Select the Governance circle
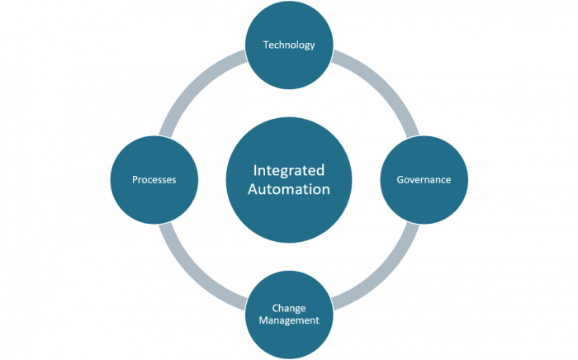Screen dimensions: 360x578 (x=422, y=179)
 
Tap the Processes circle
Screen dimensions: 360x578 (x=154, y=179)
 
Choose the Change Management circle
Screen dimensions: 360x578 (x=289, y=314)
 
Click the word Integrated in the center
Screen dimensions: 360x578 (x=289, y=170)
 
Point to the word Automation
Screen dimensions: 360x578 (x=289, y=189)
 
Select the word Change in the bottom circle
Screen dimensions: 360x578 (x=289, y=308)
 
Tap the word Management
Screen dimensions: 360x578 (x=289, y=320)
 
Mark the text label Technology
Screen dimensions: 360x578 (x=289, y=45)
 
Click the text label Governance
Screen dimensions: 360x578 (x=422, y=179)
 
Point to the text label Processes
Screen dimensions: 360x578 (x=154, y=179)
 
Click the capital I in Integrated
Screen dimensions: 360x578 (x=254, y=170)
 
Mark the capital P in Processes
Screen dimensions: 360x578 (x=135, y=179)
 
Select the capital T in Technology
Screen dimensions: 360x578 (x=265, y=45)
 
